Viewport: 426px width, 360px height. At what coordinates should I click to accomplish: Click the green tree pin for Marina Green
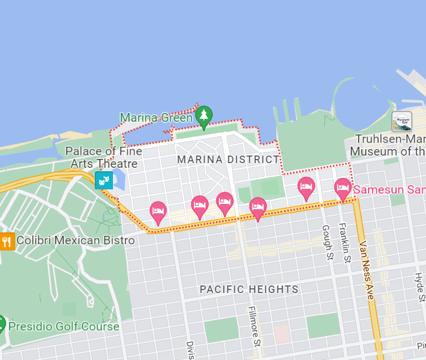point(203,116)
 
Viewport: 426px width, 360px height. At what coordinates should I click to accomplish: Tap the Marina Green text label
point(155,118)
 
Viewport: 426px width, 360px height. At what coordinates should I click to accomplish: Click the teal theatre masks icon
point(104,181)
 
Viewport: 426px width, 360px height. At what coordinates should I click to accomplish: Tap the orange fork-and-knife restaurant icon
point(7,241)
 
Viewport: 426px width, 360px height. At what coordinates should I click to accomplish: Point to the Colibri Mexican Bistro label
point(76,241)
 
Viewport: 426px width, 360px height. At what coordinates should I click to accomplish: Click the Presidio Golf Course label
point(63,326)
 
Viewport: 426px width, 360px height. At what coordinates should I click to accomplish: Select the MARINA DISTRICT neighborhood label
point(228,160)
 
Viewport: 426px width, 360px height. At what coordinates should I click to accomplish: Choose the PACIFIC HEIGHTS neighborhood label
point(249,290)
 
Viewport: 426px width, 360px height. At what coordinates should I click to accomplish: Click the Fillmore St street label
point(254,326)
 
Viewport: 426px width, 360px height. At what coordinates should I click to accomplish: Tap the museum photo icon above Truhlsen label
point(402,122)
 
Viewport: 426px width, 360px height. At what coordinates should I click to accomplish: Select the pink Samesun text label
point(389,190)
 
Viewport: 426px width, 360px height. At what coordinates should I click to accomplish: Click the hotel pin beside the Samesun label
point(343,189)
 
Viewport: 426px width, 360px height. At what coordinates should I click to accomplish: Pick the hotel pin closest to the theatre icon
point(158,212)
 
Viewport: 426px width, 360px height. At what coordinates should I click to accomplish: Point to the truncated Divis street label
point(189,350)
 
